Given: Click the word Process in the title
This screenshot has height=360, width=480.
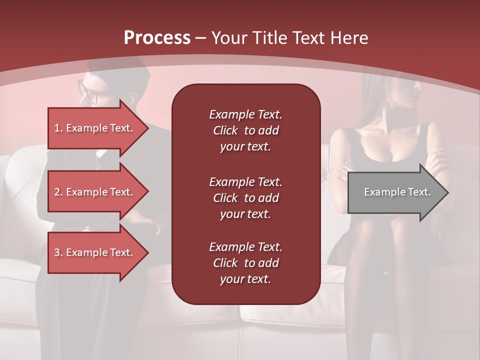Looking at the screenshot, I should point(157,38).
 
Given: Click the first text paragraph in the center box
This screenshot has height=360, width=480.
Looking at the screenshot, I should point(245,130).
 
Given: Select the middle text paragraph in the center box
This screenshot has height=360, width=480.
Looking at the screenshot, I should point(245,198).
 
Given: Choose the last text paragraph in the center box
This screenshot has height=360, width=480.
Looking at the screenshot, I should point(245,263).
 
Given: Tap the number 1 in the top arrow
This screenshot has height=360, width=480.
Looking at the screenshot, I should point(57,128).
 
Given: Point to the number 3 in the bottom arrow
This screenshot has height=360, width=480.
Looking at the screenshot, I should point(57,252).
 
